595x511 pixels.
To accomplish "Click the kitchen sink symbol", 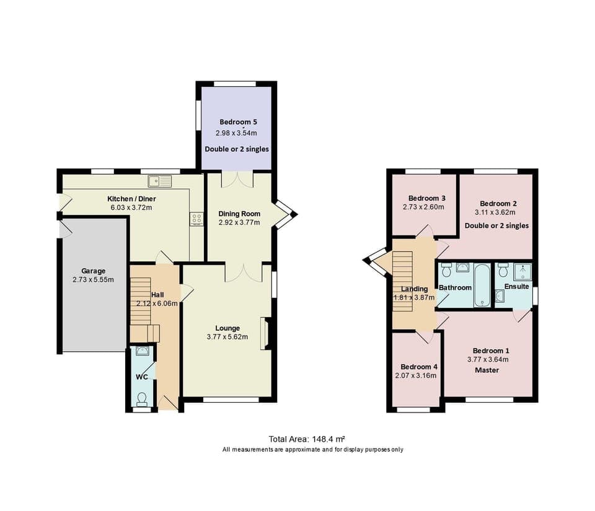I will [160, 181].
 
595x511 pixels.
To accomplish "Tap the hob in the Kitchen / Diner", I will [197, 219].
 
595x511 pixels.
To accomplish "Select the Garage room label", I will [94, 271].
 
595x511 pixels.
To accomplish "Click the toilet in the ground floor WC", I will [143, 397].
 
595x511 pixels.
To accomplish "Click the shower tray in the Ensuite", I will [522, 272].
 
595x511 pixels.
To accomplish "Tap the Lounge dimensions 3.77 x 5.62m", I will [227, 337].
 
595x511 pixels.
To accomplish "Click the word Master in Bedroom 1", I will [487, 370].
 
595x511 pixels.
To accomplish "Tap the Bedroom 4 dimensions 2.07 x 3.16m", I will [415, 375].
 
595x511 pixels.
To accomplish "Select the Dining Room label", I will [239, 213].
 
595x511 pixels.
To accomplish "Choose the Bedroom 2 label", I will [498, 203].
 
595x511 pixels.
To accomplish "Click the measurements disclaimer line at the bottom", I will [313, 450].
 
